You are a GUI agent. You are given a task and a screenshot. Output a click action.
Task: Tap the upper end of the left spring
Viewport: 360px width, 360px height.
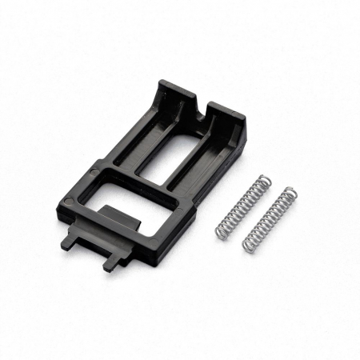[x=262, y=178]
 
